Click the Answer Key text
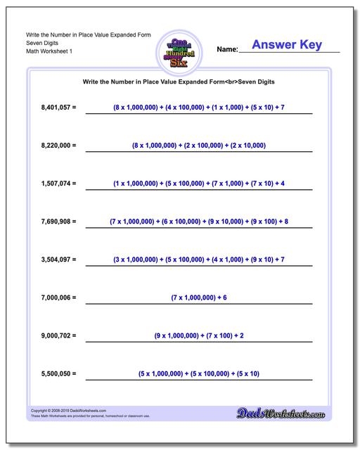click(x=287, y=45)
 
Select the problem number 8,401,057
click(x=58, y=108)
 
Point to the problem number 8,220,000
click(x=58, y=146)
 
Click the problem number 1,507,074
click(x=58, y=184)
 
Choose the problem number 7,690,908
click(x=58, y=221)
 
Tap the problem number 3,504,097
click(x=58, y=259)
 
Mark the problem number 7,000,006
click(x=58, y=297)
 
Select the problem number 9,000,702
click(x=58, y=335)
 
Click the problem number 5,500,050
click(x=58, y=373)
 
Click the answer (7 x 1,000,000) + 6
click(x=198, y=297)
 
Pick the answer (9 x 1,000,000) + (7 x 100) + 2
click(x=198, y=335)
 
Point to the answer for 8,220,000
click(x=198, y=146)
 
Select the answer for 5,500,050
click(x=198, y=373)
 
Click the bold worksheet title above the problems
click(x=179, y=82)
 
